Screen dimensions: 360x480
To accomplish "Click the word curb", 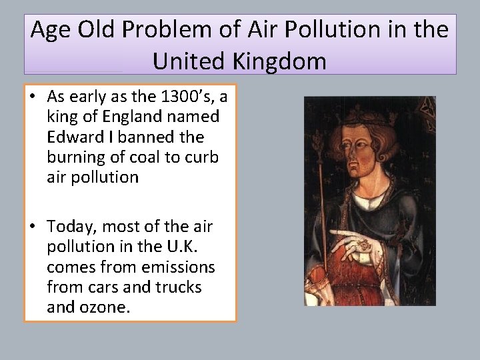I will pos(201,157).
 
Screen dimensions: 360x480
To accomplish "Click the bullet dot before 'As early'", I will pos(33,97).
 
